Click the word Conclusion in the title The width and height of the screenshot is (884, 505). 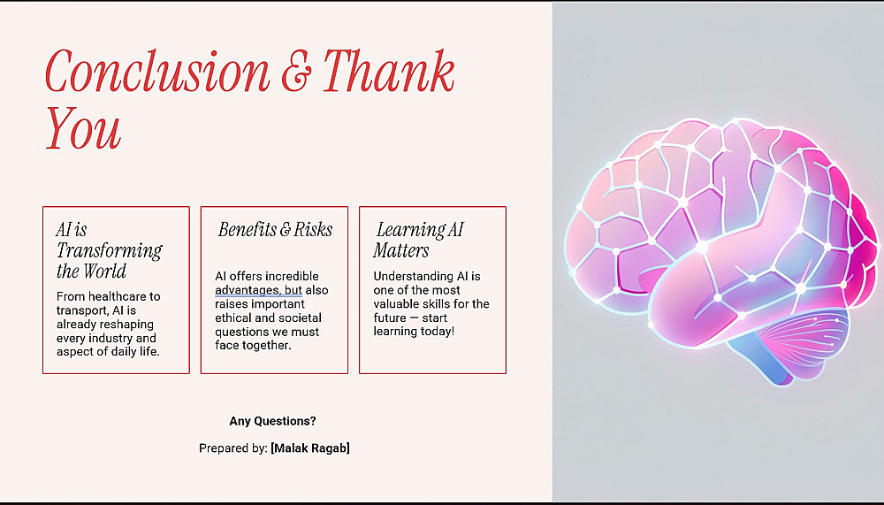157,71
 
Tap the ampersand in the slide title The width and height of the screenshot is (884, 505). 296,71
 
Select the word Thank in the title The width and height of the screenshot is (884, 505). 388,71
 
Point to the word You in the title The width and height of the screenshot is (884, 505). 83,128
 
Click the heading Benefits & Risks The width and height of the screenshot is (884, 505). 275,230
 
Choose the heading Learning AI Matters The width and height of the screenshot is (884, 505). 418,240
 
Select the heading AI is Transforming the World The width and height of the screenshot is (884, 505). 109,250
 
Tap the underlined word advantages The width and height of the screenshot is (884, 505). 248,290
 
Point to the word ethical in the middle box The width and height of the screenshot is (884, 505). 232,318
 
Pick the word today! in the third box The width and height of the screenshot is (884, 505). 437,331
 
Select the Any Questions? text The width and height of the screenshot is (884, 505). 272,421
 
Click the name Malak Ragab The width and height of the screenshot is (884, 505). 310,448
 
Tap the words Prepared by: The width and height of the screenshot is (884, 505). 232,448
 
